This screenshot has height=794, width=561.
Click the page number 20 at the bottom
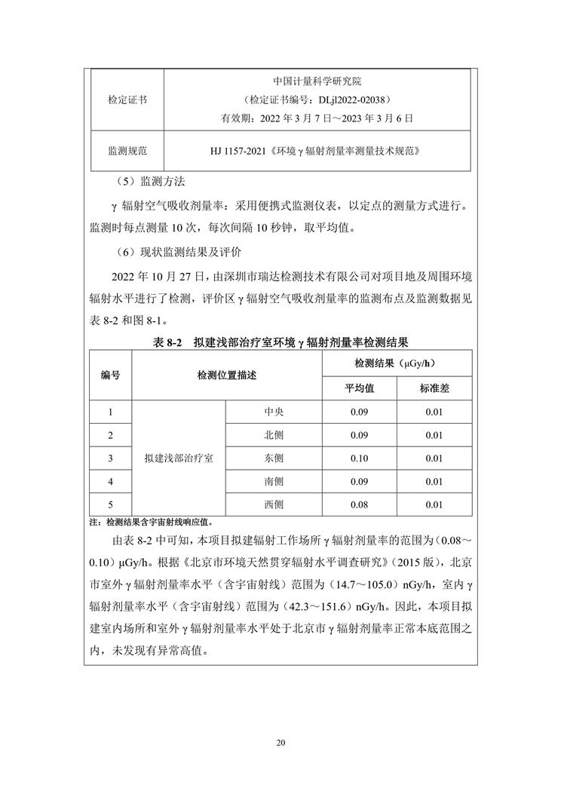280,743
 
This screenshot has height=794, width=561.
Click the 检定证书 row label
127,100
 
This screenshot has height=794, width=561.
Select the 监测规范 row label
127,151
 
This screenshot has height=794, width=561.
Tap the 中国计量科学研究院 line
317,81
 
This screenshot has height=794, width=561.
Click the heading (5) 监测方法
146,182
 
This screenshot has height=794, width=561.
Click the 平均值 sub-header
360,388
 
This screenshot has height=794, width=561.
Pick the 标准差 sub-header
434,388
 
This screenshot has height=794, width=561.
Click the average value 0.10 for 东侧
360,458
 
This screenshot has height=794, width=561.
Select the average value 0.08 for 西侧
360,504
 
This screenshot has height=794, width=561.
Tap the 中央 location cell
274,412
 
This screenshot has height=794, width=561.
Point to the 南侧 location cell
274,481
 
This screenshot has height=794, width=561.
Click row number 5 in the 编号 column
111,504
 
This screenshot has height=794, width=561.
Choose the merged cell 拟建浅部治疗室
179,458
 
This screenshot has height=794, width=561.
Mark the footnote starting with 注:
151,521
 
